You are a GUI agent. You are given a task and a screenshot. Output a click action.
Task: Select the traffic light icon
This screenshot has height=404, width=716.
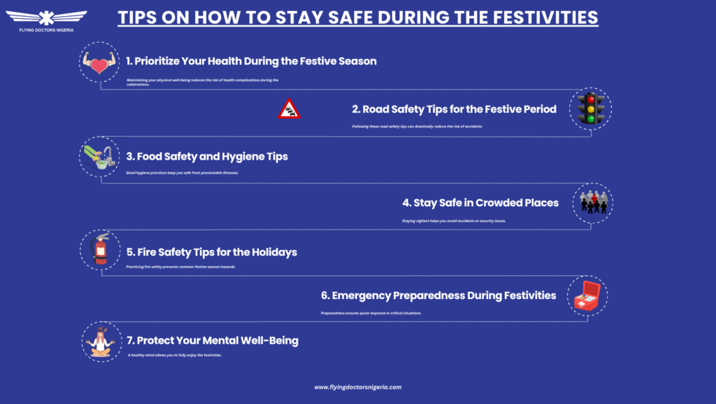click(x=591, y=109)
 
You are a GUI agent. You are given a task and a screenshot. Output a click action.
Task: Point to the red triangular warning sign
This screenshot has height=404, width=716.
click(x=289, y=109)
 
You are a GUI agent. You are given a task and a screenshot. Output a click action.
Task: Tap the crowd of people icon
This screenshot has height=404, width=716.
click(x=594, y=203)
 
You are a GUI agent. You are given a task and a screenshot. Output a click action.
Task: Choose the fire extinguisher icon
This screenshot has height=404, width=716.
click(x=100, y=250)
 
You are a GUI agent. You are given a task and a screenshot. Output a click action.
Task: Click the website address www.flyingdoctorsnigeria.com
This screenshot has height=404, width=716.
click(x=358, y=386)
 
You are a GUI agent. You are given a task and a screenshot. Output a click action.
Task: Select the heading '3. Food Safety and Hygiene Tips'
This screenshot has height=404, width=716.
click(x=207, y=156)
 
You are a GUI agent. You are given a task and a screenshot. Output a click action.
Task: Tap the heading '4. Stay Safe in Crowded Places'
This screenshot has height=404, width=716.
click(x=480, y=203)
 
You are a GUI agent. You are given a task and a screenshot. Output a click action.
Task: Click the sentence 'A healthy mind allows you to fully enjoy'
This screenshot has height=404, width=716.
click(x=175, y=356)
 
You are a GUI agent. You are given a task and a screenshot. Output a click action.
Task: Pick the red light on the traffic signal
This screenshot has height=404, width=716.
click(x=591, y=99)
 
